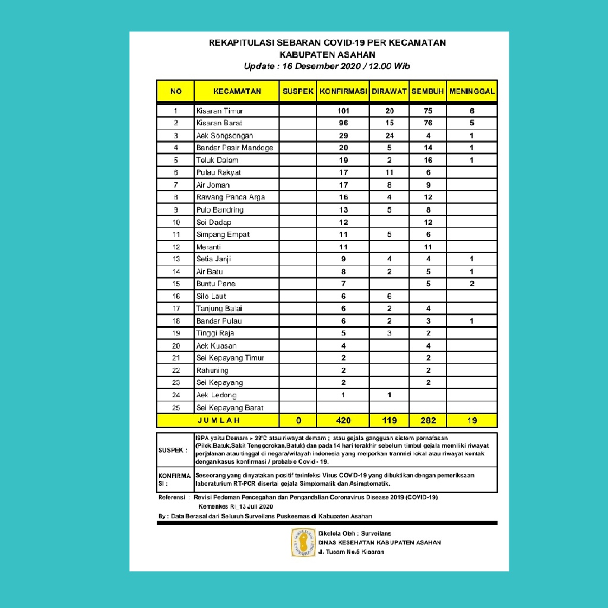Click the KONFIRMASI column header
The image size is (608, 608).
[343, 91]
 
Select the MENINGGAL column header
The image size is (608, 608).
[472, 91]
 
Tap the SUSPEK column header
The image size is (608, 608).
[298, 91]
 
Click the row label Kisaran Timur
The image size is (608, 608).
[220, 111]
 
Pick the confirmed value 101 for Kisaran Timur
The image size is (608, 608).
[343, 111]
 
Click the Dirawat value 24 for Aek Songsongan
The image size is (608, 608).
[389, 135]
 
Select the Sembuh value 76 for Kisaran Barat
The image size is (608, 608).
[428, 123]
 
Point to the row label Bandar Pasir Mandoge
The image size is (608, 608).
[235, 148]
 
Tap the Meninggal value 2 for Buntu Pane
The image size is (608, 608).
[472, 284]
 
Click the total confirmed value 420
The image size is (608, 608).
[343, 420]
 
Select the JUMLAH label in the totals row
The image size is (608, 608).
[218, 420]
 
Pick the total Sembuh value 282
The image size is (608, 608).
[428, 420]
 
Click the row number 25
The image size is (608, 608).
[176, 408]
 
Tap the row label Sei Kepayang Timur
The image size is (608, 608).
[230, 358]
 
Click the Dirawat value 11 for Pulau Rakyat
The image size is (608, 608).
[389, 173]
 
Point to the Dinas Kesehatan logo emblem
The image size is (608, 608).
[303, 542]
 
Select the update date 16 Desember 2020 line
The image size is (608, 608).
[327, 66]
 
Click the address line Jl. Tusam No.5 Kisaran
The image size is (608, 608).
[351, 552]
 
